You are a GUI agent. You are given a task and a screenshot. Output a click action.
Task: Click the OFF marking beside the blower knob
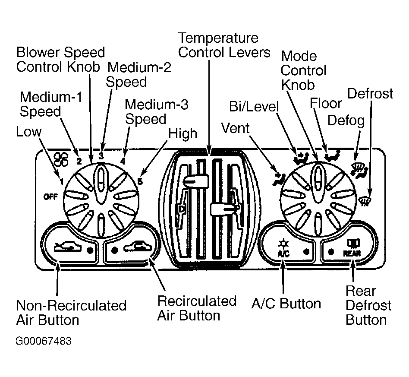click(x=50, y=196)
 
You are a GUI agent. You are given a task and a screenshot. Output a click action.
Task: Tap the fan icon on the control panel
click(x=60, y=159)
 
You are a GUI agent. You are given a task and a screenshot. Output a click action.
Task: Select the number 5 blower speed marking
click(x=140, y=181)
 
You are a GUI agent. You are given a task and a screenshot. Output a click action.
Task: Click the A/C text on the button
click(x=283, y=254)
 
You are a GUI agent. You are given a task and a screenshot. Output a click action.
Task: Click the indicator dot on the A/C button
click(x=307, y=251)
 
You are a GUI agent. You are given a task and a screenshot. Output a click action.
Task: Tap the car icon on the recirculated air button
click(x=138, y=247)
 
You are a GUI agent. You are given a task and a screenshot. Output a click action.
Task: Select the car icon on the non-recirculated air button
click(x=68, y=247)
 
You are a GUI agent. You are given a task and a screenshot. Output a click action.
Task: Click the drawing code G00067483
click(x=44, y=341)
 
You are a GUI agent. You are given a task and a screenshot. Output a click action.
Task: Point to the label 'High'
click(x=182, y=134)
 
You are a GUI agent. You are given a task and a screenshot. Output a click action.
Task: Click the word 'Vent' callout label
click(x=235, y=128)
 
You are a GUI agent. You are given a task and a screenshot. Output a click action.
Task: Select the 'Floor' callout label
click(x=326, y=103)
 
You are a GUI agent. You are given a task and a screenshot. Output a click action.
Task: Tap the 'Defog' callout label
click(x=346, y=120)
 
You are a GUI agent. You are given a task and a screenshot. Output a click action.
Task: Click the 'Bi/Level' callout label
click(x=254, y=107)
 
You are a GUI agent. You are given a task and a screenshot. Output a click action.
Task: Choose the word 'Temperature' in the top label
click(x=218, y=38)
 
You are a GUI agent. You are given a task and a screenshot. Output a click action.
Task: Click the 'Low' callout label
click(x=29, y=132)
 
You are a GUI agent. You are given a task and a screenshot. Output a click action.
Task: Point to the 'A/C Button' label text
click(x=286, y=304)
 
